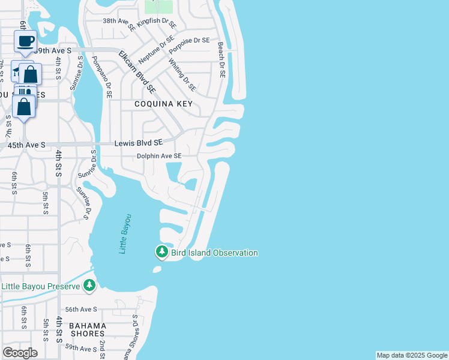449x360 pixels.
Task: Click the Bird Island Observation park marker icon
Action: coord(161,252)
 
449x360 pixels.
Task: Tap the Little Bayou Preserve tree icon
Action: coord(89,286)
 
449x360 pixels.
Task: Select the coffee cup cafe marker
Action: coord(25,41)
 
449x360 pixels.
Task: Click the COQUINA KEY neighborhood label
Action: coord(164,104)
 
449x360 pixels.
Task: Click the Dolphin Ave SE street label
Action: coord(158,156)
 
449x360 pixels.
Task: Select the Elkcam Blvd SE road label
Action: coord(137,71)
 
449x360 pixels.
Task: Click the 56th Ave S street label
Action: coord(81,309)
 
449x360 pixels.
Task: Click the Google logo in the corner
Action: coord(20,352)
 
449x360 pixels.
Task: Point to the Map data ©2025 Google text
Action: coord(412,355)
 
